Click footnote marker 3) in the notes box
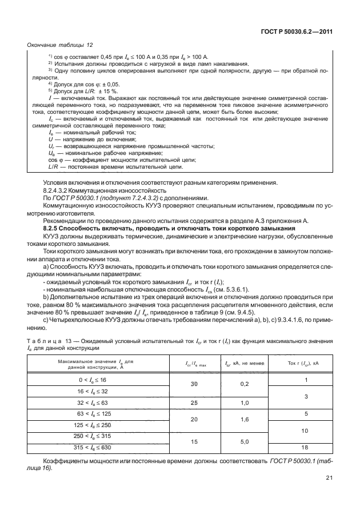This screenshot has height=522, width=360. pyautogui.click(x=50, y=70)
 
